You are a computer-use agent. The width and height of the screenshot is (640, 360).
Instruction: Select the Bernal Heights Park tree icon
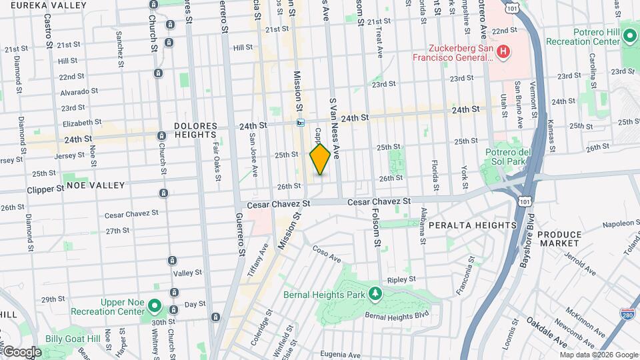(375, 293)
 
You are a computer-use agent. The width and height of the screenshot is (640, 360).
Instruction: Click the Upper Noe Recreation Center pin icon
(154, 306)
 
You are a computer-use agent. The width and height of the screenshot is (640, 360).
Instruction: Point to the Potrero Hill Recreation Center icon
(629, 37)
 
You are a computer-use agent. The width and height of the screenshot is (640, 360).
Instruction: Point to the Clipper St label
(45, 189)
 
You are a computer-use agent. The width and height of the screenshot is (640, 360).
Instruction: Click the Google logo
(21, 351)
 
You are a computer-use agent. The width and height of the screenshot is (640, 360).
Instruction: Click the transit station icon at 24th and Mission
(301, 123)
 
